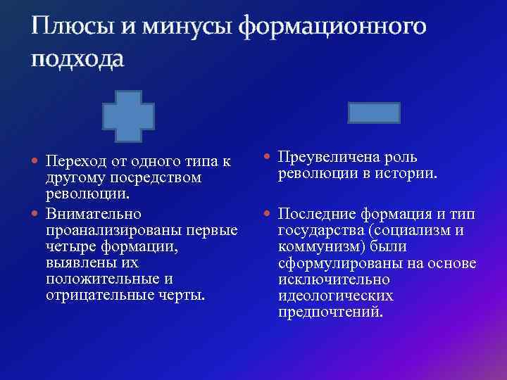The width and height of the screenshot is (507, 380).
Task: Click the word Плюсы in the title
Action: [69, 27]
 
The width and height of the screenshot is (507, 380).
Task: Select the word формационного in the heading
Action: [332, 27]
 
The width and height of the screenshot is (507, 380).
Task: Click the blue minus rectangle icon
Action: [374, 113]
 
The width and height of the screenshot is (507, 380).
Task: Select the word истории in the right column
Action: [410, 172]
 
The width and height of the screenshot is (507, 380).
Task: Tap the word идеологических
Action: [336, 295]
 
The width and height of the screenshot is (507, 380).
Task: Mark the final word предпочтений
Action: [330, 311]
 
